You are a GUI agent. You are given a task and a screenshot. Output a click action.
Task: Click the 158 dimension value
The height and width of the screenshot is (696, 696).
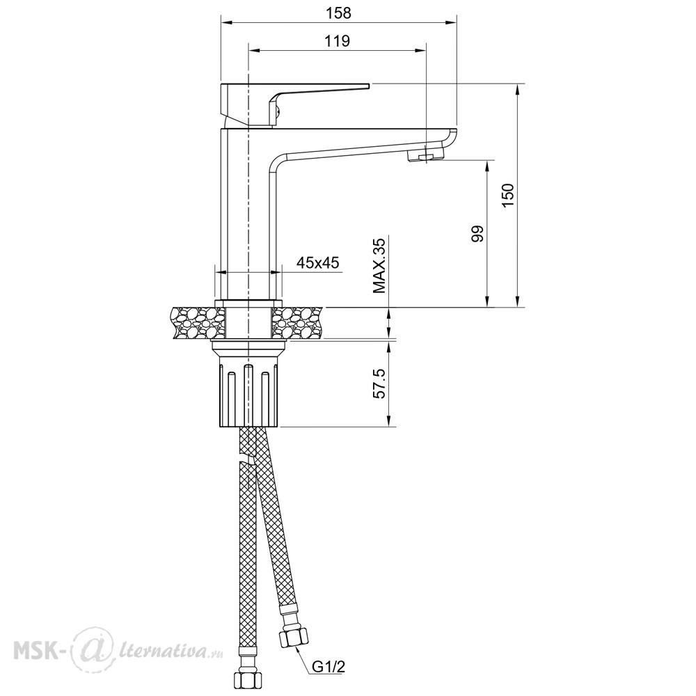[338, 13]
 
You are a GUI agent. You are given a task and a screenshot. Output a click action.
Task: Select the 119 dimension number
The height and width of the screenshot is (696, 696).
[337, 41]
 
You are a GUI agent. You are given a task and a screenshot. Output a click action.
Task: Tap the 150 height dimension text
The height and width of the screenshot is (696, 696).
[507, 194]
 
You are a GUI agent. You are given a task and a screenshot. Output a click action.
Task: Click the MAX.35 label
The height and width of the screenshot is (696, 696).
[379, 265]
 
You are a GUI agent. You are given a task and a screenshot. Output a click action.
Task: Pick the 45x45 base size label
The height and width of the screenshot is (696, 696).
[317, 263]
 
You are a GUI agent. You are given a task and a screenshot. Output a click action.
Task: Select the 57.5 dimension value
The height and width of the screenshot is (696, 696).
[381, 383]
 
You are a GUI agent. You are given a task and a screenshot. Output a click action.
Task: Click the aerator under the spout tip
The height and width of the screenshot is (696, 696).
[425, 155]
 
